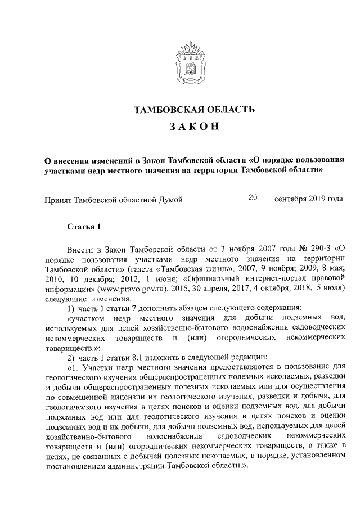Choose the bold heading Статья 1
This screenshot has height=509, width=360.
84,227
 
